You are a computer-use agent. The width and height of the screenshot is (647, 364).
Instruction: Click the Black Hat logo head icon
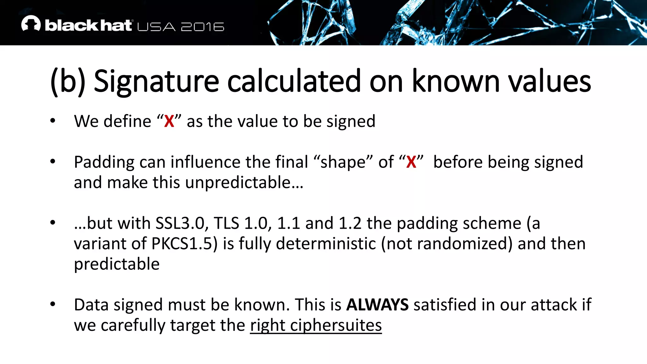tap(31, 23)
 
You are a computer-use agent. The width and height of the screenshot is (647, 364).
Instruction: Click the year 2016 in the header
tap(203, 27)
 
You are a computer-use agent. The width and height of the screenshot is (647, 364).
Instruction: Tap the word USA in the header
tap(156, 27)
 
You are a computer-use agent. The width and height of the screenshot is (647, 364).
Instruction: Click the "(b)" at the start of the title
tap(68, 82)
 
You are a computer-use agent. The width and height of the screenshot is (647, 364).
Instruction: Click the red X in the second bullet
tap(411, 162)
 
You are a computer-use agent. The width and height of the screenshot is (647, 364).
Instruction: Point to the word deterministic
tap(326, 244)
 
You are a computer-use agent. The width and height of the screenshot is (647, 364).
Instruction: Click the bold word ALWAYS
tap(377, 305)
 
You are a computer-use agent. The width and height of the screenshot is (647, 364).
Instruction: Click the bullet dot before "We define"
tap(53, 121)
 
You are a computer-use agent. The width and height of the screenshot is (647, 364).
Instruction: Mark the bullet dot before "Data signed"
tap(53, 304)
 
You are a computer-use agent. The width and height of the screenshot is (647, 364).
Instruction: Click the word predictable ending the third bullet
tap(117, 264)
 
